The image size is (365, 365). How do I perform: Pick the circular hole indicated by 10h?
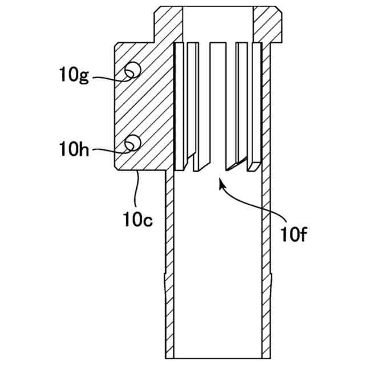click(x=133, y=141)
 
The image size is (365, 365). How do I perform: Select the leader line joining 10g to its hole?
click(x=108, y=76)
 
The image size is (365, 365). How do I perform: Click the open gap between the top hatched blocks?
click(x=217, y=23)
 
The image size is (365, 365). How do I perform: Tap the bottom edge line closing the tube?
click(x=217, y=358)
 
